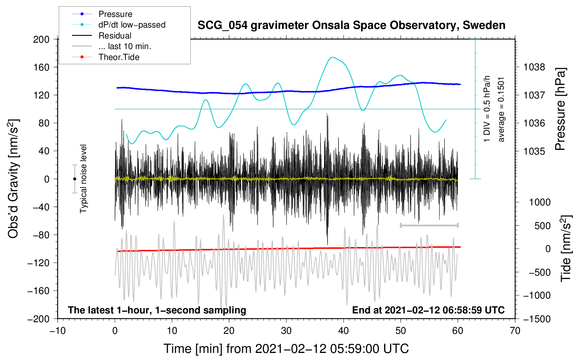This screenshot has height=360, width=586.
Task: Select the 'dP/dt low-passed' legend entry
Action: tap(132, 25)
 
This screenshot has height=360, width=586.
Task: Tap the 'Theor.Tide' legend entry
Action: tap(119, 57)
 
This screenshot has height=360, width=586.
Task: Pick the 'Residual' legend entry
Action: tap(115, 36)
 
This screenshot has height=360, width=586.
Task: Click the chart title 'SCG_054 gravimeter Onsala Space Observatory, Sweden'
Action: tap(351, 25)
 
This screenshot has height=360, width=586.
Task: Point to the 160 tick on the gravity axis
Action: tap(41, 67)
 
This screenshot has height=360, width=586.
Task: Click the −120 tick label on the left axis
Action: tap(38, 263)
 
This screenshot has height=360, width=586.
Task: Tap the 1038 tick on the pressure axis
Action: tap(534, 67)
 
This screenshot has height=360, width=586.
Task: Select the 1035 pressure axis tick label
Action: tap(534, 151)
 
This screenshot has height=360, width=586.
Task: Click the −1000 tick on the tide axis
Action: tap(537, 295)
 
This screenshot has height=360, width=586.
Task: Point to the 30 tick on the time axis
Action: tap(286, 331)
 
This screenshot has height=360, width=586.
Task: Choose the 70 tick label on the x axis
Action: tap(515, 331)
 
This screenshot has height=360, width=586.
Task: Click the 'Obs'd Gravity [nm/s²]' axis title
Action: tap(13, 179)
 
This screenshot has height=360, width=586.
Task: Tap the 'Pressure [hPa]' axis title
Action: tap(560, 109)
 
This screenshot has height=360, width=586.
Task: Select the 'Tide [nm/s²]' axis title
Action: tap(566, 248)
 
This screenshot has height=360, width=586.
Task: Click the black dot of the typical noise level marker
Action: tap(74, 179)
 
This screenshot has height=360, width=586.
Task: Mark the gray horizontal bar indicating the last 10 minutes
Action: tap(429, 225)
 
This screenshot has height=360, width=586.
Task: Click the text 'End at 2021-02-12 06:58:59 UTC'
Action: tap(428, 310)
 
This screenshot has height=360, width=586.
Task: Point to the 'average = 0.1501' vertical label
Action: tap(501, 109)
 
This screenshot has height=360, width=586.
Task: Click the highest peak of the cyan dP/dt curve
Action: tap(332, 57)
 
